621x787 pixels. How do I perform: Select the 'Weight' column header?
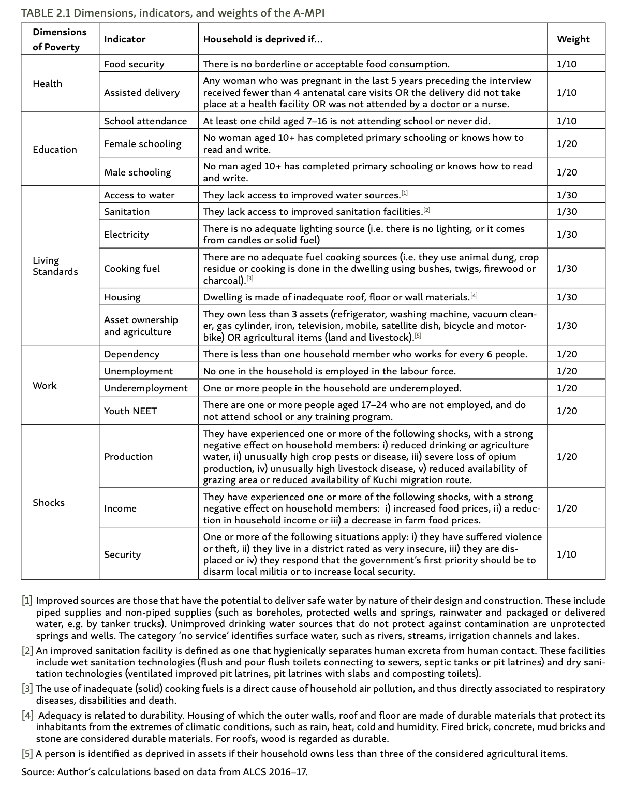click(x=573, y=39)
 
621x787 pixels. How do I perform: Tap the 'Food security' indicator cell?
click(x=134, y=64)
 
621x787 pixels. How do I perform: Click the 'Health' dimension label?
click(x=47, y=84)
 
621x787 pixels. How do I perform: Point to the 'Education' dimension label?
click(x=55, y=150)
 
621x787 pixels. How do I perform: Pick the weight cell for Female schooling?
click(x=567, y=144)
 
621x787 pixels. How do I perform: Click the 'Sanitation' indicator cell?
click(x=127, y=212)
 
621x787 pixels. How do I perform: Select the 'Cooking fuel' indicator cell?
click(x=132, y=269)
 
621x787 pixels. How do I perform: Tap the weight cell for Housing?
click(x=567, y=297)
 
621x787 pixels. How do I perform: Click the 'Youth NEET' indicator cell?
click(x=130, y=411)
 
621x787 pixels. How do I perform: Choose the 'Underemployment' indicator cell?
click(x=146, y=388)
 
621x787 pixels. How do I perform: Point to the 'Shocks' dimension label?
click(x=49, y=503)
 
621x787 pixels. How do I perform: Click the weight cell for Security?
click(x=567, y=555)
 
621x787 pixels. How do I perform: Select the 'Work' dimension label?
click(x=45, y=386)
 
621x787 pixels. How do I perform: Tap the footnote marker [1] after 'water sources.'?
click(x=405, y=193)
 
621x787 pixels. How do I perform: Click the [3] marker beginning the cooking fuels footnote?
click(x=27, y=689)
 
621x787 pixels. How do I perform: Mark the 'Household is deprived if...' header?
click(x=263, y=39)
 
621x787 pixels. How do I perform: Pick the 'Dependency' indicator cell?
click(x=131, y=354)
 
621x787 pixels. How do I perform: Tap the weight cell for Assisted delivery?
click(x=567, y=93)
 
